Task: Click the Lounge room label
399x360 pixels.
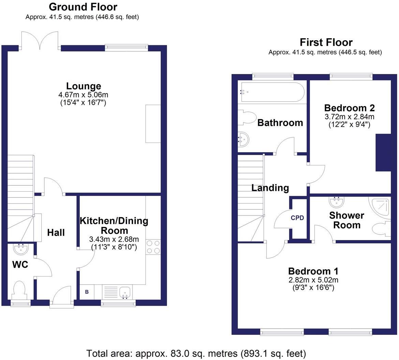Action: [83, 86]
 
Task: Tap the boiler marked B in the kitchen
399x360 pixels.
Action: [87, 292]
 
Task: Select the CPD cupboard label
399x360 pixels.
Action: [297, 218]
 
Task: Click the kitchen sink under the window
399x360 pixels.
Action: [125, 292]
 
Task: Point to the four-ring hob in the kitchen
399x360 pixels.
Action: [153, 247]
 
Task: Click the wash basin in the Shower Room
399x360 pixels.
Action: [337, 202]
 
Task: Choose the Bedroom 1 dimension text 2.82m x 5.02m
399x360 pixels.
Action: [313, 280]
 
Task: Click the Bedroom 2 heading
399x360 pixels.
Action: [349, 108]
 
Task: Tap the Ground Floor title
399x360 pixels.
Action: [83, 7]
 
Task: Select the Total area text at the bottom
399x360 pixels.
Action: [196, 353]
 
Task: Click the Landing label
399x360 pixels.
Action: [270, 187]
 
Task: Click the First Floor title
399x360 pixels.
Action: [326, 42]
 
